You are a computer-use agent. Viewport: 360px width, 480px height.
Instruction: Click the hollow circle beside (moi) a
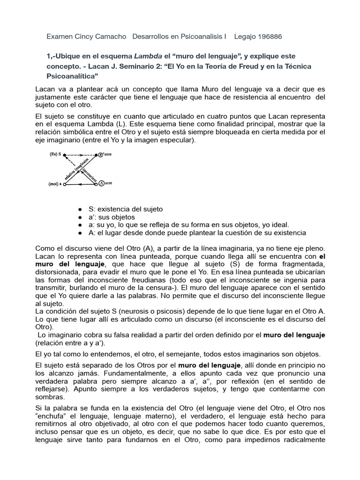65,185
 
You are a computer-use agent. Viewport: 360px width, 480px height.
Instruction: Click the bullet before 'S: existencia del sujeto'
80,209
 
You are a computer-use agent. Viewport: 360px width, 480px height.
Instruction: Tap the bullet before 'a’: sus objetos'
80,217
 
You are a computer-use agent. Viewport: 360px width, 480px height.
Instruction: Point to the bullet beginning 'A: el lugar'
80,233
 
